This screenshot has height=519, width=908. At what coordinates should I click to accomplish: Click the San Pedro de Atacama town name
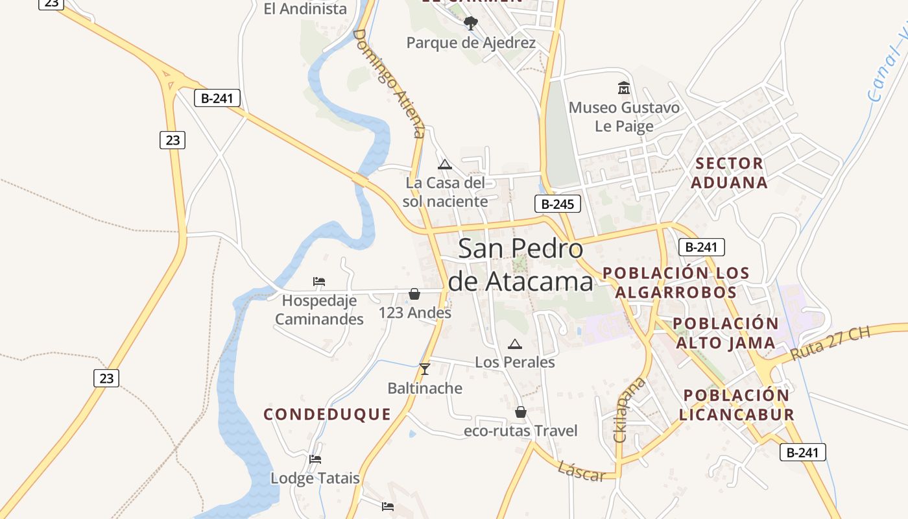pos(521,265)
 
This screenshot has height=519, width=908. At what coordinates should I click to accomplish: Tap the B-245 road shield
pos(557,204)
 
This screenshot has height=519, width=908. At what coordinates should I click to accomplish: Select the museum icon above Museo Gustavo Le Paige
pos(624,88)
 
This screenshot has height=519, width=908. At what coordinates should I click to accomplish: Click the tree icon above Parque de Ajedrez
pos(471,24)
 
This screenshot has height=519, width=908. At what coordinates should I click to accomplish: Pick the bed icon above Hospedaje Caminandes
pos(318,282)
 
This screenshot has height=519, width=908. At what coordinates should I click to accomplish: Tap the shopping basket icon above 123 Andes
pos(414,295)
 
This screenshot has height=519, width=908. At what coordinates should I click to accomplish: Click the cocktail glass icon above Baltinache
pos(425,369)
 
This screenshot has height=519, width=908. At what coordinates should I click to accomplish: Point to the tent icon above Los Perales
pos(515,344)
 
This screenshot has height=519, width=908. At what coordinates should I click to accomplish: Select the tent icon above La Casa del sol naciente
pos(444,164)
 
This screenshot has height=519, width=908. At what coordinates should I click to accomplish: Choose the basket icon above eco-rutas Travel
pos(520,412)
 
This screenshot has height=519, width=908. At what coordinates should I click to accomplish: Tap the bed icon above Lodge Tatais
pos(315,459)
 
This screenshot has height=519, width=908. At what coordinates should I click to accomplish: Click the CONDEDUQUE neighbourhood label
pos(328,415)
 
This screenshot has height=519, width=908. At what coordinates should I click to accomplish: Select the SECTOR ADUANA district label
pos(729,173)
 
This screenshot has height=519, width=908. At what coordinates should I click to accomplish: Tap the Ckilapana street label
pos(628,409)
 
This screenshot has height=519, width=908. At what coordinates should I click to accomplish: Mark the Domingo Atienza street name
pos(389,83)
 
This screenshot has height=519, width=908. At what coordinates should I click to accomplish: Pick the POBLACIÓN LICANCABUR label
pos(737,405)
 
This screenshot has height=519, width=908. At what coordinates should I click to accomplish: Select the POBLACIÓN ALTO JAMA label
pos(725,333)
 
